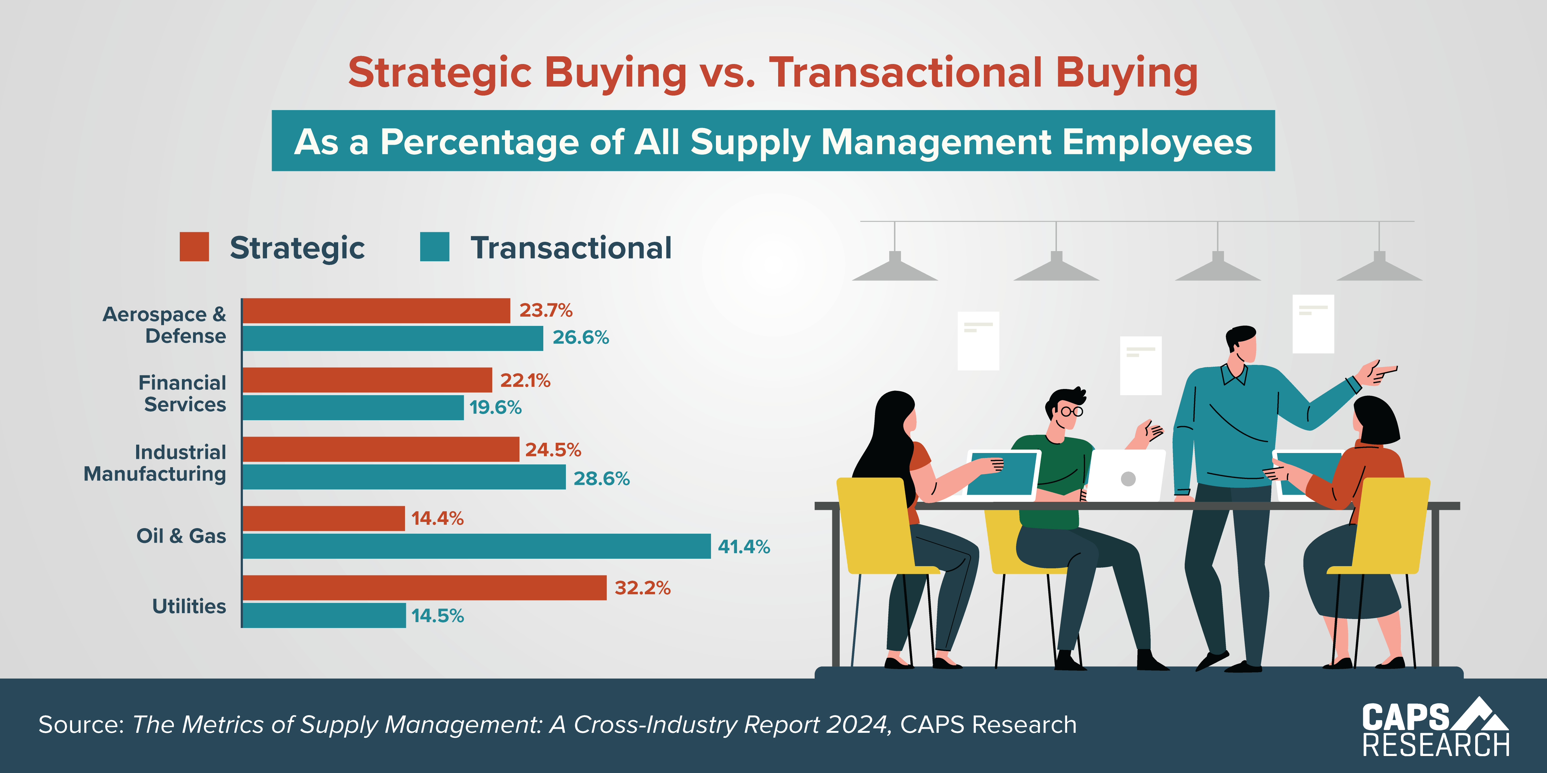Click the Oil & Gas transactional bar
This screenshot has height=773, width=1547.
pos(476,546)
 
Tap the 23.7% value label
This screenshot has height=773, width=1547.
pos(545,310)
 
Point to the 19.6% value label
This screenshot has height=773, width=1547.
pos(495,408)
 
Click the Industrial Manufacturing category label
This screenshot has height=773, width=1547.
pos(155,463)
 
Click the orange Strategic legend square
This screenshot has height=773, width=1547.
pos(194,247)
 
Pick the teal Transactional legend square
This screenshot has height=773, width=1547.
pos(434,247)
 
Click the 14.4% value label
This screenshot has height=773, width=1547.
pos(437,518)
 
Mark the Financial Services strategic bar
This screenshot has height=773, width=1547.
pos(367,380)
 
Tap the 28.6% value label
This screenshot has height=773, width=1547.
pos(601,478)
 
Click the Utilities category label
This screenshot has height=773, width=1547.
pos(189,606)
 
